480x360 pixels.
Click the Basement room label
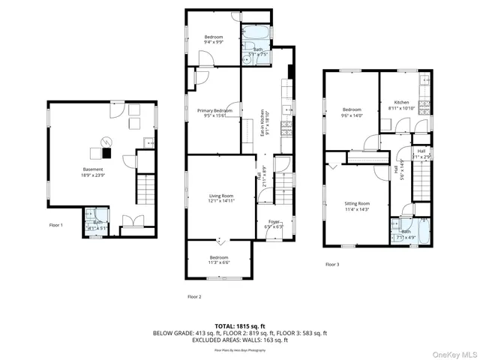93,172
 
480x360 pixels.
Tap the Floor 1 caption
56,225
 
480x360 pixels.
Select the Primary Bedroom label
214,113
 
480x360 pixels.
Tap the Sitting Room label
357,206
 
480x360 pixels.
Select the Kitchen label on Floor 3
402,105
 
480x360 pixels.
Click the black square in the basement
106,154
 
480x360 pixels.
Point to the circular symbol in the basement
106,141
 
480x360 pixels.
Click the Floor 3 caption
332,265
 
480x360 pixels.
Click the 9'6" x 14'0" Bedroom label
352,113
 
